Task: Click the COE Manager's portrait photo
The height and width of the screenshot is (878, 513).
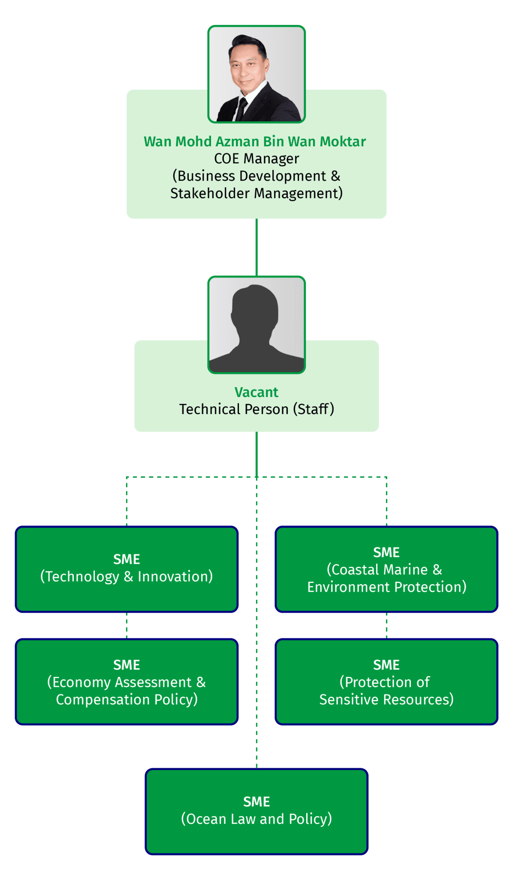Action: tap(256, 74)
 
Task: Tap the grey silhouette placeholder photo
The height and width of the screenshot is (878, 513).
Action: tap(256, 325)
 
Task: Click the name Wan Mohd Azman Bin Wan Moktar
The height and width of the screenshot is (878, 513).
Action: tap(255, 141)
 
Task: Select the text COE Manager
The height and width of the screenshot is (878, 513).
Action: tap(256, 159)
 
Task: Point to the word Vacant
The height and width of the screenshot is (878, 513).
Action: tap(256, 392)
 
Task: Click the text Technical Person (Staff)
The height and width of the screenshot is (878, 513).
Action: tap(256, 409)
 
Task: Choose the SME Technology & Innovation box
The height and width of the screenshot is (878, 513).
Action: tap(127, 569)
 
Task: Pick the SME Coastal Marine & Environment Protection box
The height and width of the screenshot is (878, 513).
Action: tap(386, 569)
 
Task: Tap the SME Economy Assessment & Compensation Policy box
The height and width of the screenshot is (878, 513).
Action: tap(127, 682)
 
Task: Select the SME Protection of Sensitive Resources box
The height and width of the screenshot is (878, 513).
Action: tap(386, 682)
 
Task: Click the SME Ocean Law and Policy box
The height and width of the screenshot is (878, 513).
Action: tap(256, 812)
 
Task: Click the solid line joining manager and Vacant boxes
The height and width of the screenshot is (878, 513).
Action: tap(256, 247)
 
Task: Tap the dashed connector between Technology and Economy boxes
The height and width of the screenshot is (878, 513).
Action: tap(127, 625)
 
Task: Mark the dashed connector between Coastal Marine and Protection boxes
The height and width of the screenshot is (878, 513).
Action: tap(386, 625)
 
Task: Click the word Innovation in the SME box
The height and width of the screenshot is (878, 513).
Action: tap(175, 577)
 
